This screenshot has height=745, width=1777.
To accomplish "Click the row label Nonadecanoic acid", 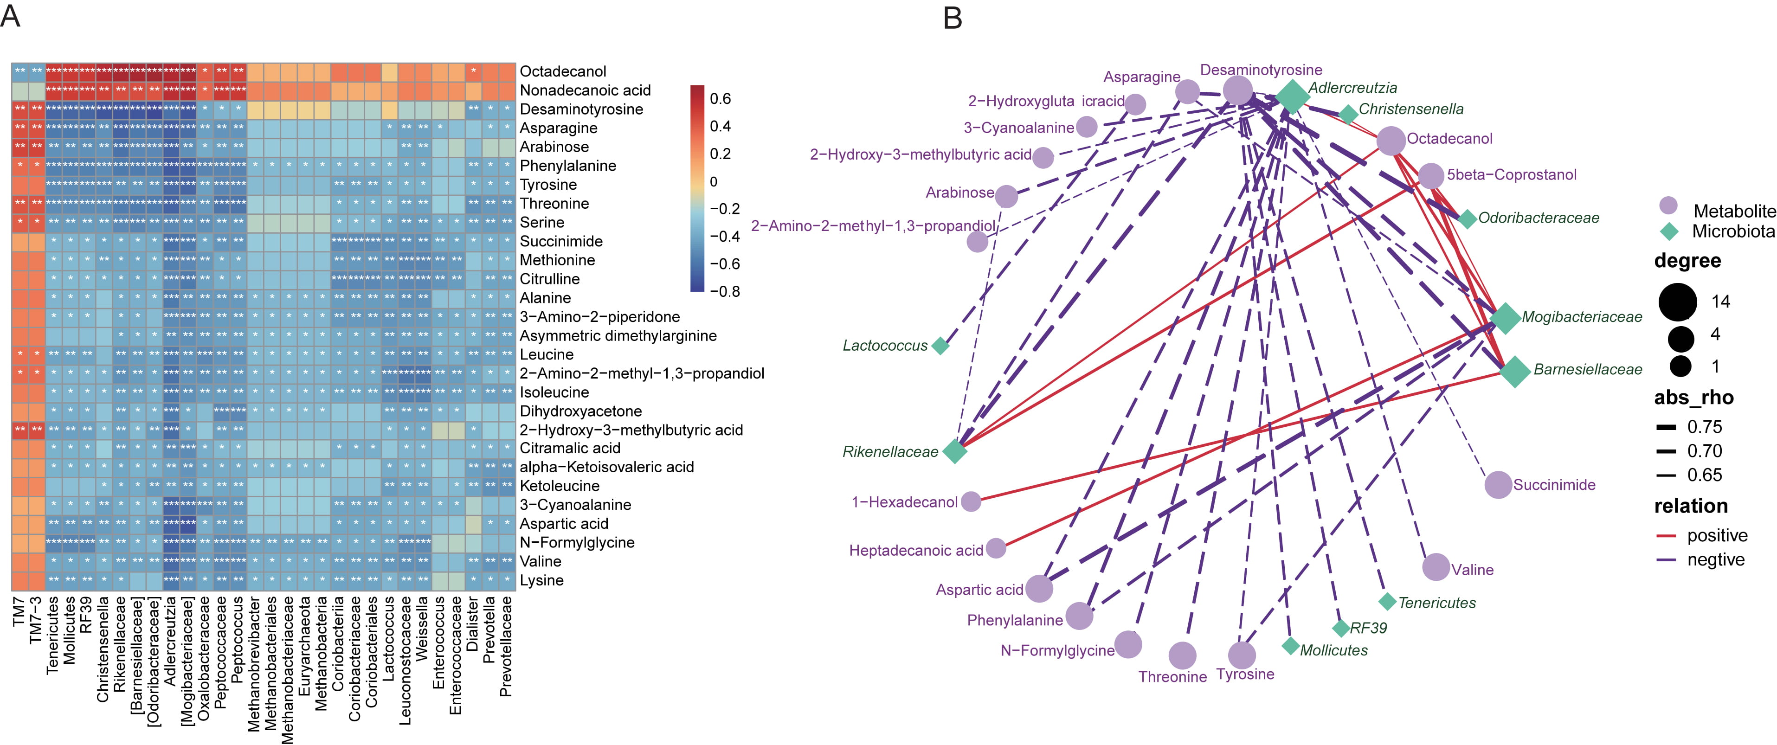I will [585, 90].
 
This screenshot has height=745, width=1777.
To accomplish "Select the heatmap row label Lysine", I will [541, 580].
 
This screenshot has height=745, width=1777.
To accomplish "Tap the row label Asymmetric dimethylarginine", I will [618, 335].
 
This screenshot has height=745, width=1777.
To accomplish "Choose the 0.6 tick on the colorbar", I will [720, 99].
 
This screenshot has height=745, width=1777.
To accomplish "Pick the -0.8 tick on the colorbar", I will [724, 291].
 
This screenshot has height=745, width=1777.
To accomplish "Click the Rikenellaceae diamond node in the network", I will [955, 451].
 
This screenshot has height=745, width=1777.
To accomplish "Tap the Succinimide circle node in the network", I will [1498, 485].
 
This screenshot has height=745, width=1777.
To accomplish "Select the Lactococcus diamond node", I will [940, 346].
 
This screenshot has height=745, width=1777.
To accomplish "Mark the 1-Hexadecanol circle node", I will [971, 501].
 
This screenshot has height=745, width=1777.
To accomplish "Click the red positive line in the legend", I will [1666, 536].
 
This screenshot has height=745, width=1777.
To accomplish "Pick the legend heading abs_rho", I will [1693, 398].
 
